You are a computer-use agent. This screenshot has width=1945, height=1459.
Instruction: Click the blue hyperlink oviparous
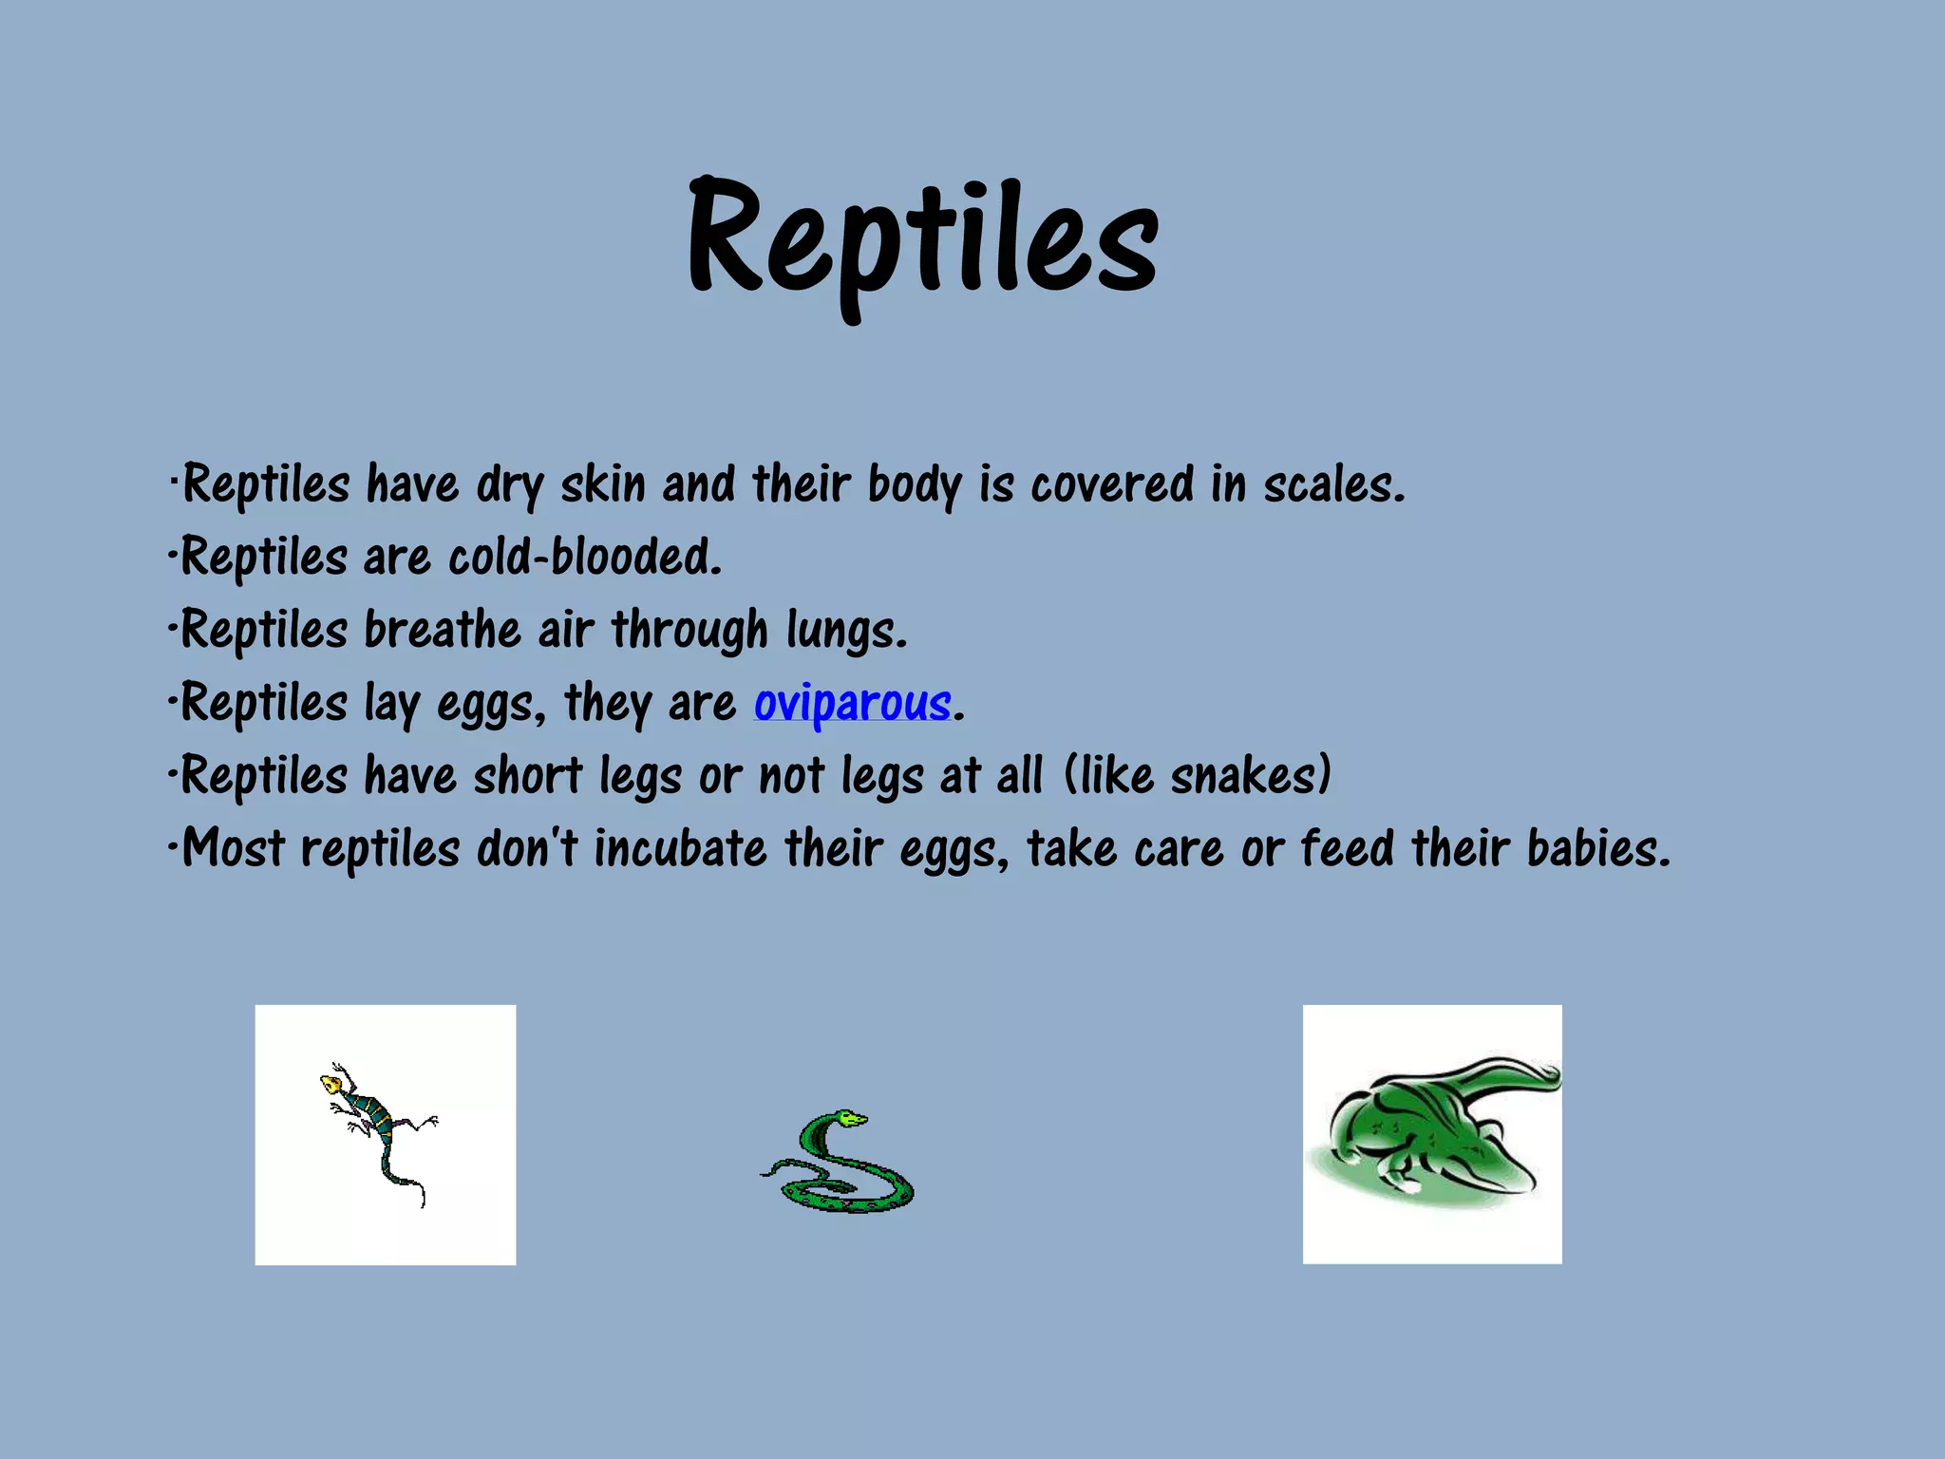pyautogui.click(x=852, y=704)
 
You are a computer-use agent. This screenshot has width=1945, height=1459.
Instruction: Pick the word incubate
pyautogui.click(x=680, y=848)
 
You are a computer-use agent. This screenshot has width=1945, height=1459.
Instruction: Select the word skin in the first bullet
pyautogui.click(x=603, y=484)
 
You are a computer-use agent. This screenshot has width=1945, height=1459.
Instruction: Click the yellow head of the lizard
pyautogui.click(x=330, y=1084)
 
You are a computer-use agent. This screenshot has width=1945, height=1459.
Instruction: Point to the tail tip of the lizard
pyautogui.click(x=422, y=1202)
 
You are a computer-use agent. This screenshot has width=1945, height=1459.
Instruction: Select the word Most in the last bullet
pyautogui.click(x=233, y=848)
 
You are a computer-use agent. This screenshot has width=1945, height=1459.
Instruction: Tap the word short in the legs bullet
pyautogui.click(x=527, y=776)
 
